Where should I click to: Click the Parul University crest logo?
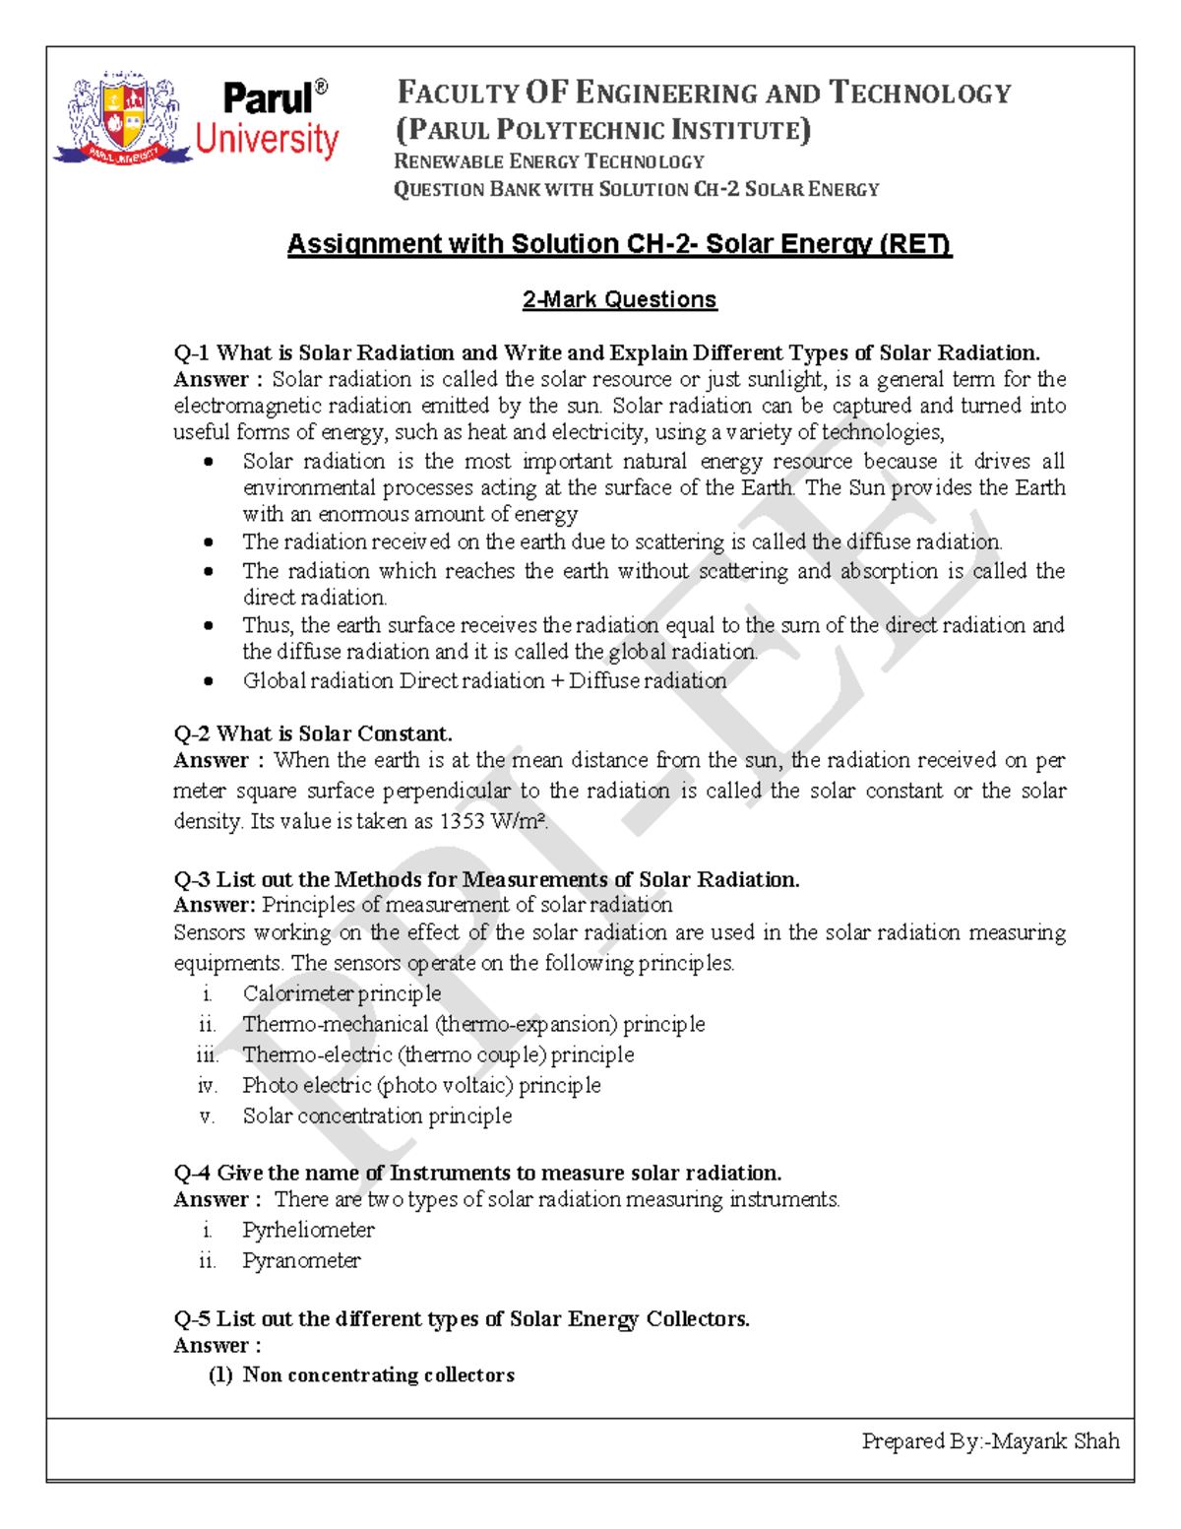coord(122,119)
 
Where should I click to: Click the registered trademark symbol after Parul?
coord(321,88)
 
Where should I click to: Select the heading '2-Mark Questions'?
coord(619,299)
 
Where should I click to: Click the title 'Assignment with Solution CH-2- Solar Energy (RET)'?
coord(619,243)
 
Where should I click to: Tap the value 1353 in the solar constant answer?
coord(462,821)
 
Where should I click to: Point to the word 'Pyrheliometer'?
coord(308,1230)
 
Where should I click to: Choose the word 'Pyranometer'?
coord(301,1260)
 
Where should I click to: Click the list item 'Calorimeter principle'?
coord(342,993)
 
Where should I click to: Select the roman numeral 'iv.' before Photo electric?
coord(207,1085)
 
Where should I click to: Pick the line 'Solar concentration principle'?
coord(377,1115)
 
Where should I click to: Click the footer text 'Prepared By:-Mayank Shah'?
coord(990,1441)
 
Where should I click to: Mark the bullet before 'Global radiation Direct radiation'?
coord(208,680)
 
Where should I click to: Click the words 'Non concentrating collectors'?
coord(378,1374)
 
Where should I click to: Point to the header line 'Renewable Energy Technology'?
coord(549,161)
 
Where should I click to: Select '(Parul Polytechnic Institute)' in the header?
coord(602,130)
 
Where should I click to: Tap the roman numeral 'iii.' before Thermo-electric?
coord(207,1054)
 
